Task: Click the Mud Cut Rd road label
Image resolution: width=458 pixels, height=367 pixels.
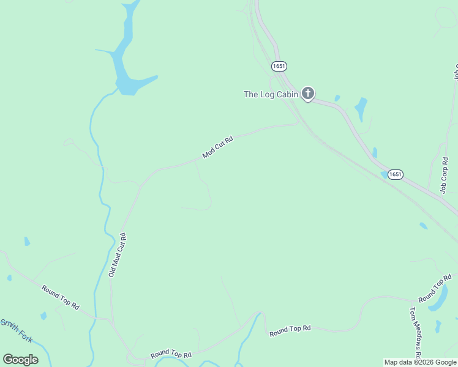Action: point(218,147)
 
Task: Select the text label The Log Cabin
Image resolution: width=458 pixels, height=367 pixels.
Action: point(271,94)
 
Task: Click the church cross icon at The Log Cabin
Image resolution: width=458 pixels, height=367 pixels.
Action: point(308,94)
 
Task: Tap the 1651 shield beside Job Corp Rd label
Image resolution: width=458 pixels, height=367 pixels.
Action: point(396,174)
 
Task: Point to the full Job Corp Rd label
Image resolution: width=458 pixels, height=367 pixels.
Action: point(445,176)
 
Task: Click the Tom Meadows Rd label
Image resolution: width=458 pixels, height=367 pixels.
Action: point(415,333)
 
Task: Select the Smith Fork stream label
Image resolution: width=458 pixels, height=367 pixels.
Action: point(16,330)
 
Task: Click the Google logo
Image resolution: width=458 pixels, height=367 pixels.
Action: point(20,360)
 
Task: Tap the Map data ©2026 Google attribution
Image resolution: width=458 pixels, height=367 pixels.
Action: point(421,363)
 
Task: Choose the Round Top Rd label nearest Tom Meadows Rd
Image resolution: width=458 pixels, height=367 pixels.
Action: point(435,289)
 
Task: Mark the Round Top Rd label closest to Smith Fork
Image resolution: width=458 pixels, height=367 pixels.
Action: point(61,297)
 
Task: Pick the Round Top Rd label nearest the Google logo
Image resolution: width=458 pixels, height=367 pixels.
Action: point(171,354)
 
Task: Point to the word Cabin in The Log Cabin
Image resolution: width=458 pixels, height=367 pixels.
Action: point(287,94)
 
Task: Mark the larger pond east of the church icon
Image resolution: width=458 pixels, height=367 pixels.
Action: point(361,108)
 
